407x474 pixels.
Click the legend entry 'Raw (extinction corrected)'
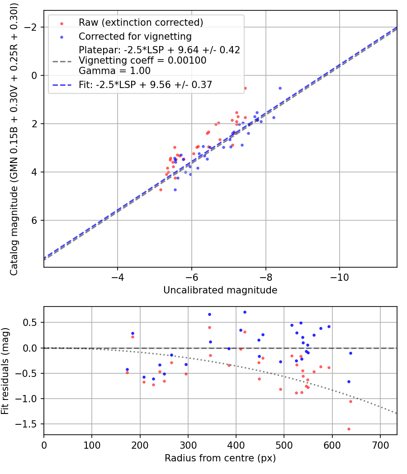[141, 23]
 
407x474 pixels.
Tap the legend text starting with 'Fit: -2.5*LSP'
[145, 84]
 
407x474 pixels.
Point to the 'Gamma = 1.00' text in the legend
[114, 70]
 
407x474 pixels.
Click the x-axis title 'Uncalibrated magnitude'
[220, 290]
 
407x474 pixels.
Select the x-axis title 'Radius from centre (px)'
[220, 458]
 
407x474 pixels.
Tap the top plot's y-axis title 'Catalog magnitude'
[14, 139]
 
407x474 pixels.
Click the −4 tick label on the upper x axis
[118, 277]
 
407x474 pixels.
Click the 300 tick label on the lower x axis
[140, 445]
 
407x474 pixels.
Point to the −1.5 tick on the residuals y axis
[29, 424]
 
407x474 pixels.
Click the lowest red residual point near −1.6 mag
[349, 429]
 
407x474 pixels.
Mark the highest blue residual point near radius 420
[245, 312]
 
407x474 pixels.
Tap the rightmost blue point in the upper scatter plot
[280, 88]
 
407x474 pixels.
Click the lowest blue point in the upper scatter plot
[175, 190]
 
